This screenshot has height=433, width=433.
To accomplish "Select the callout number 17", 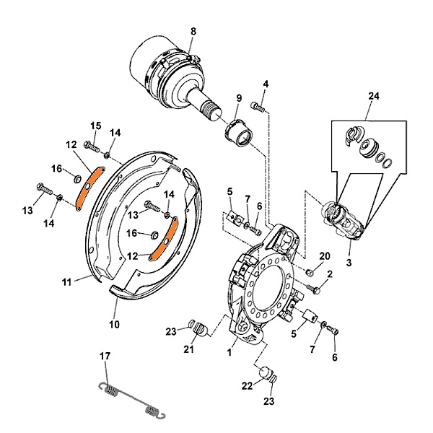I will click(x=105, y=355).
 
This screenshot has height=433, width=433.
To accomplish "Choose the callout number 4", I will click(x=265, y=84).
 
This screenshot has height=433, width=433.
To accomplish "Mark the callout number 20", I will click(x=324, y=256).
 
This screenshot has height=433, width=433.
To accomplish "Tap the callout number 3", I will click(x=349, y=263).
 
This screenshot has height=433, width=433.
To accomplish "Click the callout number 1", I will click(x=229, y=352).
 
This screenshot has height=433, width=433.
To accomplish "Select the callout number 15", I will click(x=95, y=126).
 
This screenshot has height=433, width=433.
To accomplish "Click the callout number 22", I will click(x=248, y=386).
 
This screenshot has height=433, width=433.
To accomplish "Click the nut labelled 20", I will click(x=310, y=272).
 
